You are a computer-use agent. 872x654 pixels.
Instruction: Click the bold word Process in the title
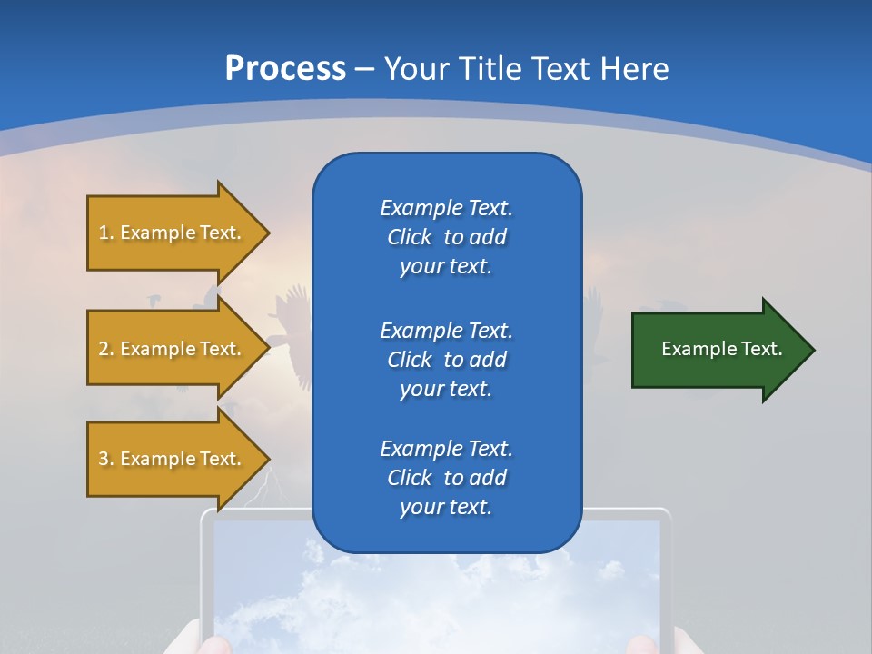(x=285, y=69)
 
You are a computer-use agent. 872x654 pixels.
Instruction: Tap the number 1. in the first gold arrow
(x=106, y=233)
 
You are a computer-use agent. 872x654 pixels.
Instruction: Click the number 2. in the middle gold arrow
(x=106, y=349)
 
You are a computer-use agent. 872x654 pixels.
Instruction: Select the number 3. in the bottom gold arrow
(x=106, y=459)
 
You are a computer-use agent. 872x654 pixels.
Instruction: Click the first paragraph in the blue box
(x=446, y=237)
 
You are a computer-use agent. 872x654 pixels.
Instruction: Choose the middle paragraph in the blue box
(x=446, y=360)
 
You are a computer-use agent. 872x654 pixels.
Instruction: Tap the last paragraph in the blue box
(x=446, y=478)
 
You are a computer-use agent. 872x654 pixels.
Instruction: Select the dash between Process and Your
(x=365, y=70)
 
